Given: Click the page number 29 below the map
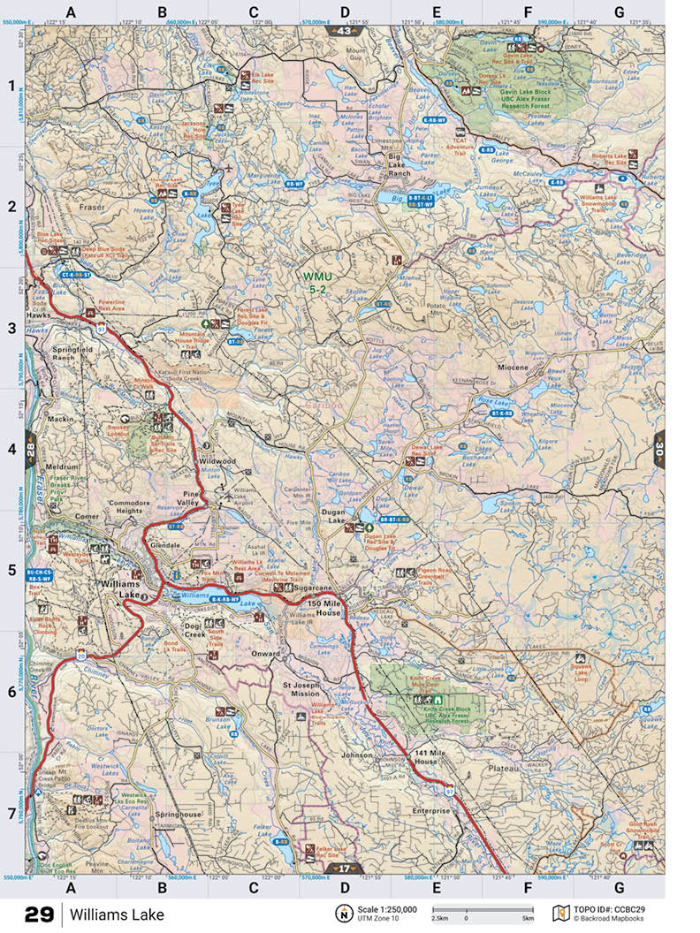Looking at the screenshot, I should coord(39,914).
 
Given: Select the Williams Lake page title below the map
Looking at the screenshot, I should coord(118,914).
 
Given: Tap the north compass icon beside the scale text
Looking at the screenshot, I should coord(340,914).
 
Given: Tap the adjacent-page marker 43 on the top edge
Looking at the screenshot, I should coord(345,31).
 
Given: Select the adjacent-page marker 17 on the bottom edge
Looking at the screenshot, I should coord(345,869).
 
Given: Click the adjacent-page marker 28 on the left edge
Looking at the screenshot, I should coord(32,449).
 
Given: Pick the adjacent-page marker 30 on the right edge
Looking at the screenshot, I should coord(659,449).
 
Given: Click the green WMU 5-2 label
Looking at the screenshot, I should coord(317,282).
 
